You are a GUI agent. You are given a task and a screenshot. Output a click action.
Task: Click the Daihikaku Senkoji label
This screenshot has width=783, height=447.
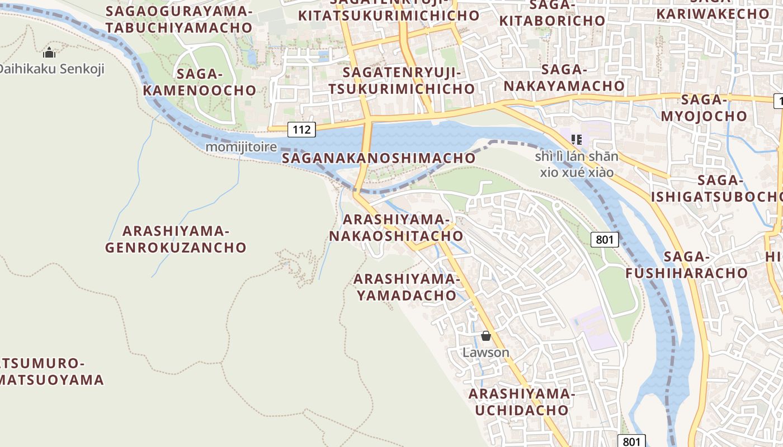51,69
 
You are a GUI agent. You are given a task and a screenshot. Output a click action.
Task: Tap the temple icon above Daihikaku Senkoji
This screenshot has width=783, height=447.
49,54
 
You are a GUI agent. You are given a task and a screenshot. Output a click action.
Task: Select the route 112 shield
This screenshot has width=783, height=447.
301,130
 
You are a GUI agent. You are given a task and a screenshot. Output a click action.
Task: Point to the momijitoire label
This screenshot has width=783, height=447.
242,147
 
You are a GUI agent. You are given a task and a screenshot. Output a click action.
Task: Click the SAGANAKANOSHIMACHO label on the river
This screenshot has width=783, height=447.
379,158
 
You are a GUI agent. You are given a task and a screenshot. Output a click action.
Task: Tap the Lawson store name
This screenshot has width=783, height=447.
486,353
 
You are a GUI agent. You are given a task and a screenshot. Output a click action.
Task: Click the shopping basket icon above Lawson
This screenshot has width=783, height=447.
486,336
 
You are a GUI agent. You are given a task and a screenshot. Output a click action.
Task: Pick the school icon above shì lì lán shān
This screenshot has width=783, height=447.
577,139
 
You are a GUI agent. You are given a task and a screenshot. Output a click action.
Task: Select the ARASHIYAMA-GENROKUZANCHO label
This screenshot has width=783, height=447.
176,239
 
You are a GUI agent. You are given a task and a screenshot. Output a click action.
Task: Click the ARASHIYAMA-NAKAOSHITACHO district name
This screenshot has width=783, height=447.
396,228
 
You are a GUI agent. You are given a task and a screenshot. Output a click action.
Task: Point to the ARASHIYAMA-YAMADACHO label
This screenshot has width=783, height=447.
407,287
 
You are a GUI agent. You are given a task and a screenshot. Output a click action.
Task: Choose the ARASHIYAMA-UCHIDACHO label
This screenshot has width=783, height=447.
521,402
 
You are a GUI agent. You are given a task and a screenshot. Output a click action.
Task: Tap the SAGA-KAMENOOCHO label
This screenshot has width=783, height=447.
200,82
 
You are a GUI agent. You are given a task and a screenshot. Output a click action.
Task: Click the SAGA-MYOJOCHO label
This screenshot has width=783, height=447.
704,108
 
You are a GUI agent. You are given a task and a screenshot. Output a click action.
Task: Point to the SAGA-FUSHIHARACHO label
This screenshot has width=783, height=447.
687,265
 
